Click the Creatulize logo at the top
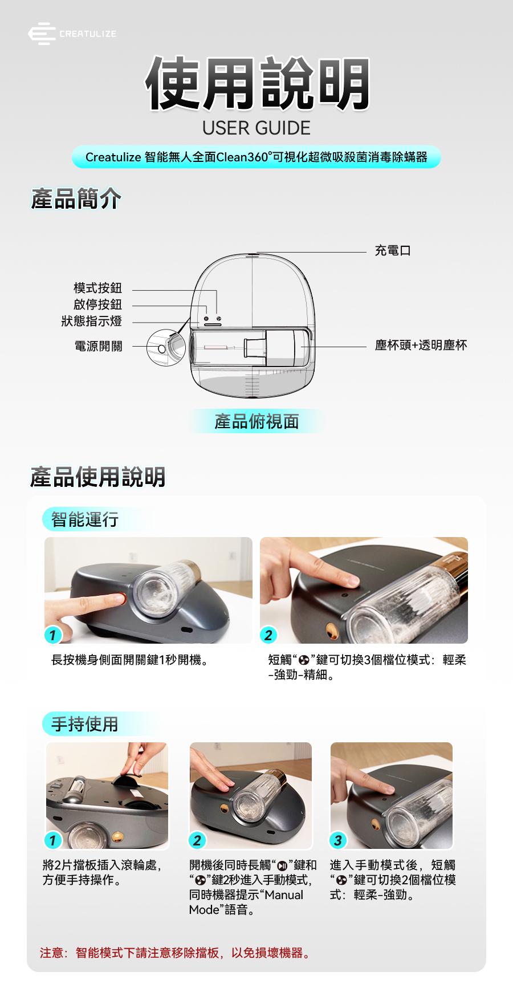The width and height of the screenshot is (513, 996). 72,34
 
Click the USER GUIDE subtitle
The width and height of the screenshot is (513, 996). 256,128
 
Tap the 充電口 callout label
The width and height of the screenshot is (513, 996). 393,250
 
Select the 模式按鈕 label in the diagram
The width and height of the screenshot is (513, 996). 97,288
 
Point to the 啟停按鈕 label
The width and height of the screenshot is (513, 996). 97,305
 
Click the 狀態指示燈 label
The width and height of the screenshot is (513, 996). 92,322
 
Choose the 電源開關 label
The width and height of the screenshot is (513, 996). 98,346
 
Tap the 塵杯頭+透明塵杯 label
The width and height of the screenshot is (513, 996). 421,345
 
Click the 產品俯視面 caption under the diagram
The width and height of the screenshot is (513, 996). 256,421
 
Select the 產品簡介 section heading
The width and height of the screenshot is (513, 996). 75,200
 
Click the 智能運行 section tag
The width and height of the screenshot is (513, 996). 84,519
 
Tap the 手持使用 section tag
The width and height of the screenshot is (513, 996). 84,724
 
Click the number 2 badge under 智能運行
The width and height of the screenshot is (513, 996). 268,635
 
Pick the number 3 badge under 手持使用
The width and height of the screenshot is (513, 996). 338,840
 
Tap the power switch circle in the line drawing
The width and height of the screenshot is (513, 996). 161,348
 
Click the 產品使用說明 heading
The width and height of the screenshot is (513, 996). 98,477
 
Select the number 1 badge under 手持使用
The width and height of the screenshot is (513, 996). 52,840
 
